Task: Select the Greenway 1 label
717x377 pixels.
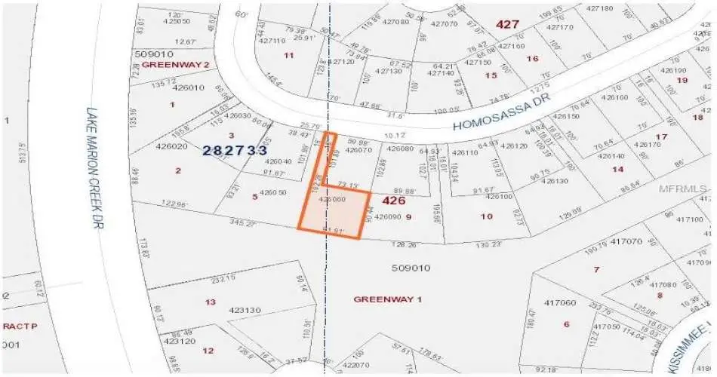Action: point(387,299)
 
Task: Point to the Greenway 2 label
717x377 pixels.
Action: point(175,65)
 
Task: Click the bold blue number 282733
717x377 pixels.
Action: point(235,151)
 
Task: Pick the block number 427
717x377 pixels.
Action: point(507,24)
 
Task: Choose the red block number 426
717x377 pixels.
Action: point(394,201)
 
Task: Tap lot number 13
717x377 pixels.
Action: point(211,302)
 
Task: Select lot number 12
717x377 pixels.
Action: point(208,350)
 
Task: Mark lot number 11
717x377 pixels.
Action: point(288,55)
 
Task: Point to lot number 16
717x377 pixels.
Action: point(533,59)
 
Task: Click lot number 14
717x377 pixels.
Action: point(618,169)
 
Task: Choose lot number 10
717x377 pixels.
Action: point(487,216)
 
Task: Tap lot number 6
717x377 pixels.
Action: point(566,324)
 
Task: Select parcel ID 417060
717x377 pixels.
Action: point(559,302)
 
